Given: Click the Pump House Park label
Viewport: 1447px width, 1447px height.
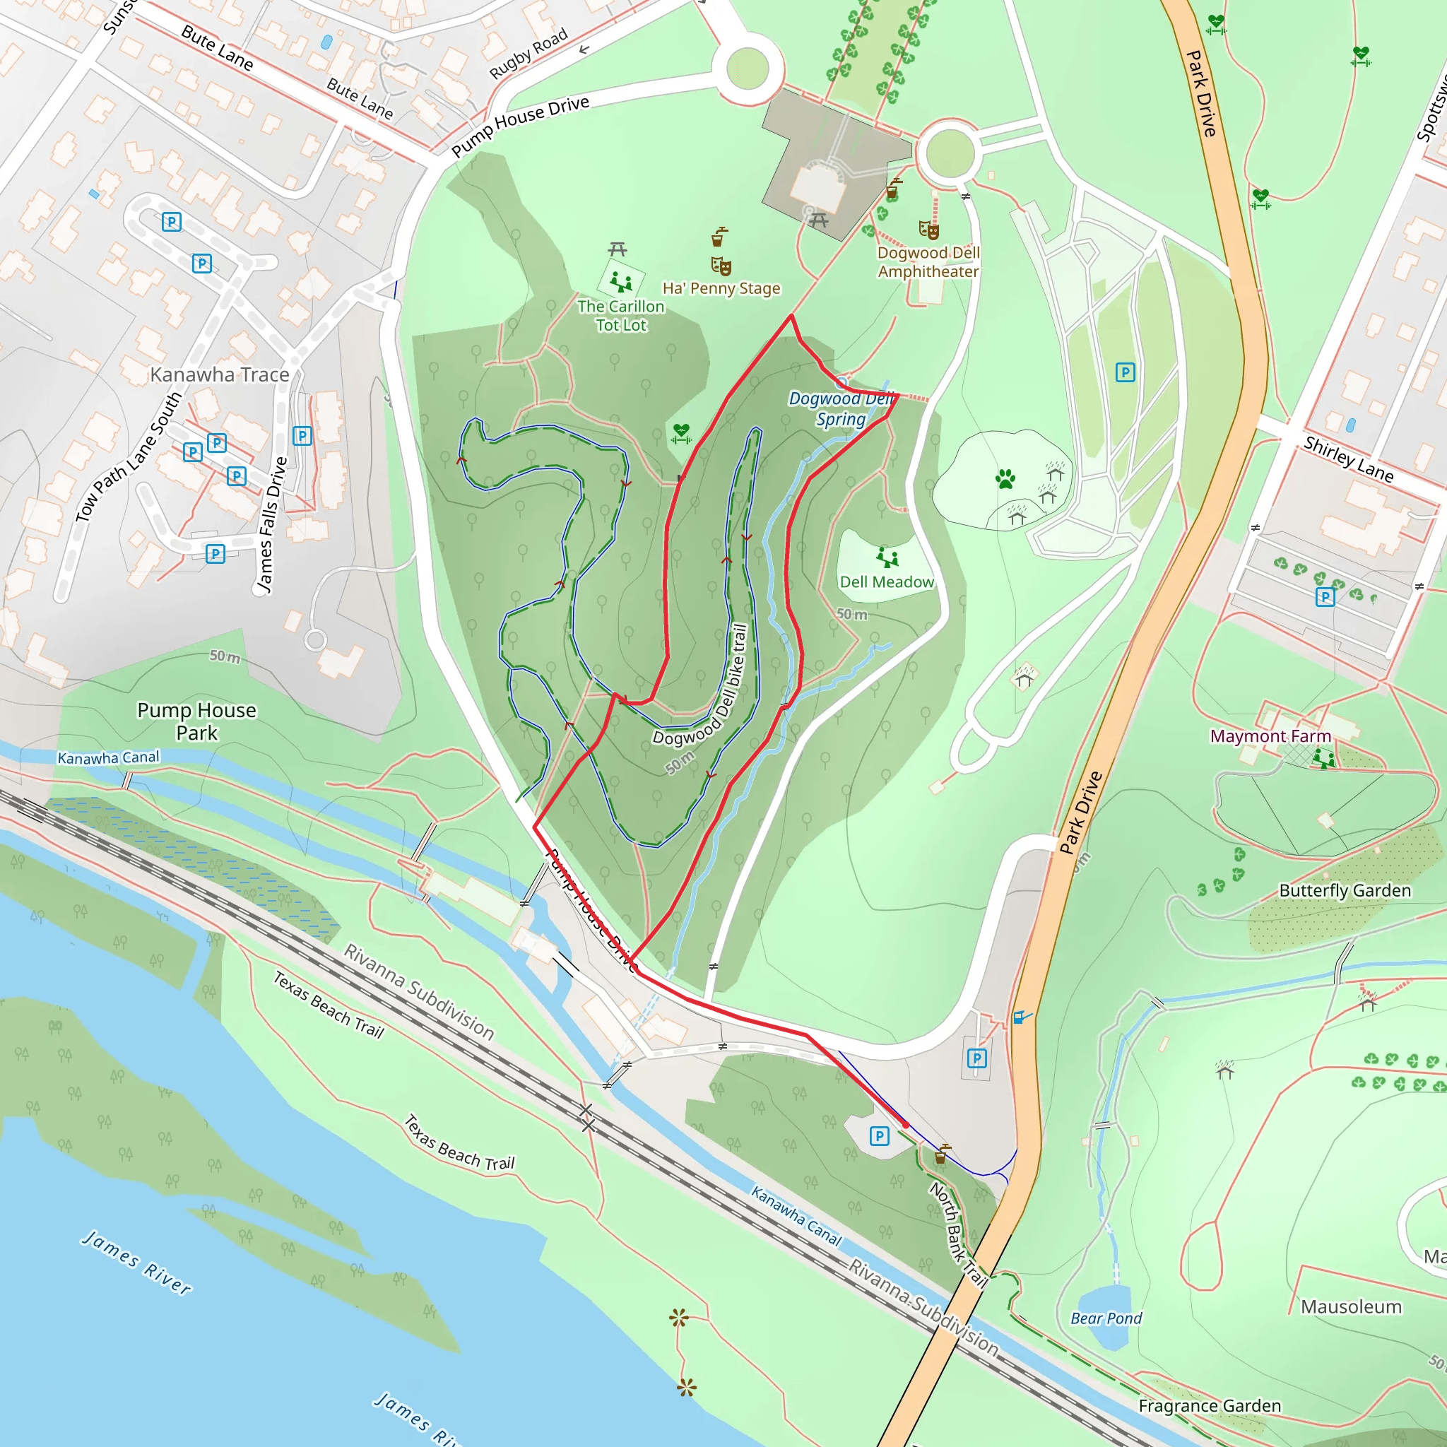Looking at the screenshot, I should point(196,721).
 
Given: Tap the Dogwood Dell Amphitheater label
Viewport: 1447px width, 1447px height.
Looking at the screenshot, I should point(928,262).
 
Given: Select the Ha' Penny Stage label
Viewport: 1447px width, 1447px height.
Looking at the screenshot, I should point(721,288).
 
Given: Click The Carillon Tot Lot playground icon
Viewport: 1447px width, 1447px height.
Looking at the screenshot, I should point(620,282).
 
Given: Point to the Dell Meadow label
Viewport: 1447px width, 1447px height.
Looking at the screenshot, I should point(886,582).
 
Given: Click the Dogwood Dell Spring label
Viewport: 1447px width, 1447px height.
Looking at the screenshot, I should point(840,409).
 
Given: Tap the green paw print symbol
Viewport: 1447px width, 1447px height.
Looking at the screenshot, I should point(1005,478).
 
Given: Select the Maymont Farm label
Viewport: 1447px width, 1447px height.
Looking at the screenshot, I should point(1270,736).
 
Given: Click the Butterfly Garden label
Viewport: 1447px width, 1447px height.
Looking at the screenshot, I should point(1345,890).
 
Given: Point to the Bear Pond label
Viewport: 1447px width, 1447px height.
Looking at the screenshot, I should point(1106,1318).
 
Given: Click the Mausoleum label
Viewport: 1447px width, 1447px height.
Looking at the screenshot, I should point(1350,1307).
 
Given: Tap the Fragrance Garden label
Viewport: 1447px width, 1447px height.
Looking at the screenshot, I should point(1209,1406).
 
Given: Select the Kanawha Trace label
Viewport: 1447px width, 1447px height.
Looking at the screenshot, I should point(220,374).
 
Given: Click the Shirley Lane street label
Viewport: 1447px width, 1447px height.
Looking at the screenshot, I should point(1348,459).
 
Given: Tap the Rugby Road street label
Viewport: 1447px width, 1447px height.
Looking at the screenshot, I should point(528,54).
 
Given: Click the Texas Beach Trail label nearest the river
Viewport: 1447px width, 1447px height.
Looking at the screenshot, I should point(460,1144).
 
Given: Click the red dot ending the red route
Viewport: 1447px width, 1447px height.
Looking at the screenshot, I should point(906,1125).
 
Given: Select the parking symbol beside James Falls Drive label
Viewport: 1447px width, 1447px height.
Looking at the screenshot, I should point(302,436).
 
